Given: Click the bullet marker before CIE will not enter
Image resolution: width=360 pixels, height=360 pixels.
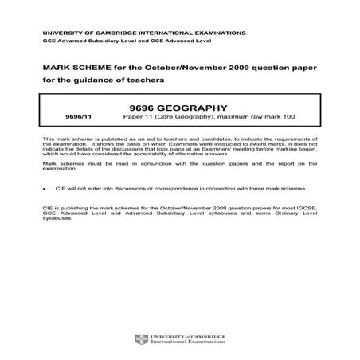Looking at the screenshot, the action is click(x=45, y=189).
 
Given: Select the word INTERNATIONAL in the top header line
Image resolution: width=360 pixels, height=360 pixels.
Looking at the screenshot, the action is click(x=130, y=33).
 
